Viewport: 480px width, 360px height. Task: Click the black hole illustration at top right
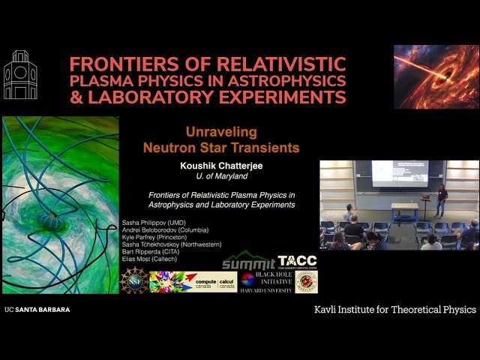[x=436, y=76]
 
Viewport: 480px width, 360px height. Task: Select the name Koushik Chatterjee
[x=221, y=163]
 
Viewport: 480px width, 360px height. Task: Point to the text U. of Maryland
[x=221, y=175]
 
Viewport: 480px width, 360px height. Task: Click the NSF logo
[x=134, y=280]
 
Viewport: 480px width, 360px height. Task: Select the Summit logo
[x=248, y=262]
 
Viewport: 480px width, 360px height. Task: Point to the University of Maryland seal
[x=306, y=281]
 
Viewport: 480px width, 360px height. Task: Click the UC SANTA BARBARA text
[x=32, y=309]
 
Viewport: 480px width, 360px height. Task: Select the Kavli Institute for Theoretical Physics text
[x=394, y=309]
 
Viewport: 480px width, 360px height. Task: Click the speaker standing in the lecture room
[x=442, y=201]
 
